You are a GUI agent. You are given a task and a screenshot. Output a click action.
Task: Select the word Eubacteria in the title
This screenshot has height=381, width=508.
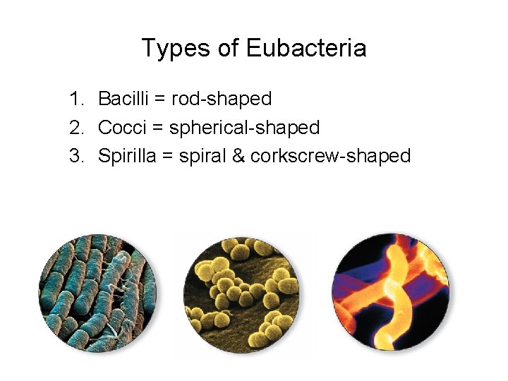[x=306, y=49]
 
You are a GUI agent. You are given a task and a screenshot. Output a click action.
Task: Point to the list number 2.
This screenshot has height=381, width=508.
[x=75, y=128]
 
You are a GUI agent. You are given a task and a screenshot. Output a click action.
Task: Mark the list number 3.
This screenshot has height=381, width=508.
[x=75, y=156]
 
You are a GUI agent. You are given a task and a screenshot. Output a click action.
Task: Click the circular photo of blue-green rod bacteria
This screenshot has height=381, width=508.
[x=97, y=293]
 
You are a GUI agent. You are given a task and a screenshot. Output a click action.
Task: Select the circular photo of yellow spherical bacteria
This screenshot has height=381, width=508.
[x=244, y=293]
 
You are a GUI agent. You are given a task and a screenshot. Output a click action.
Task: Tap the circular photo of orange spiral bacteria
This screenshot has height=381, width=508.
[x=390, y=293]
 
